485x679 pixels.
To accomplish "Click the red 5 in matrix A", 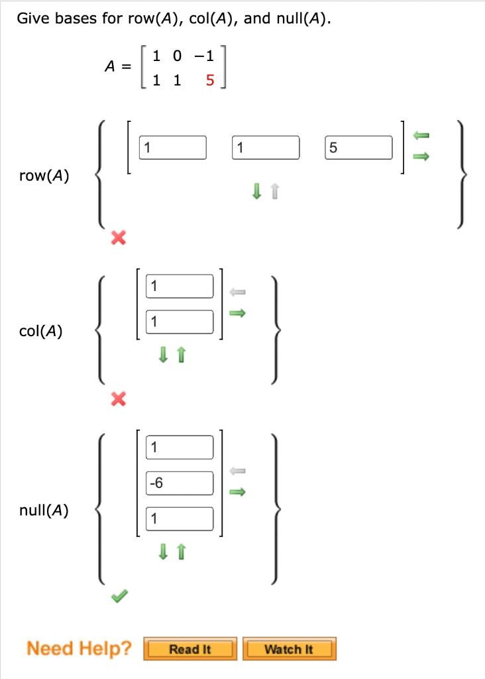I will point(210,81).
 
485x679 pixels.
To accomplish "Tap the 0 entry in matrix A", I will point(176,56).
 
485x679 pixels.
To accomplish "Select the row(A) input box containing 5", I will point(359,148).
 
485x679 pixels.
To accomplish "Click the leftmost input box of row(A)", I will point(173,148).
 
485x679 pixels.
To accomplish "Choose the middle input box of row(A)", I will point(266,148).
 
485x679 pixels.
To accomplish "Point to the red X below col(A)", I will point(118,399).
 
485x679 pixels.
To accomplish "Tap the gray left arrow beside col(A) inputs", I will point(237,291).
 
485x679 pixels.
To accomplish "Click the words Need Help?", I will point(79,648).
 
